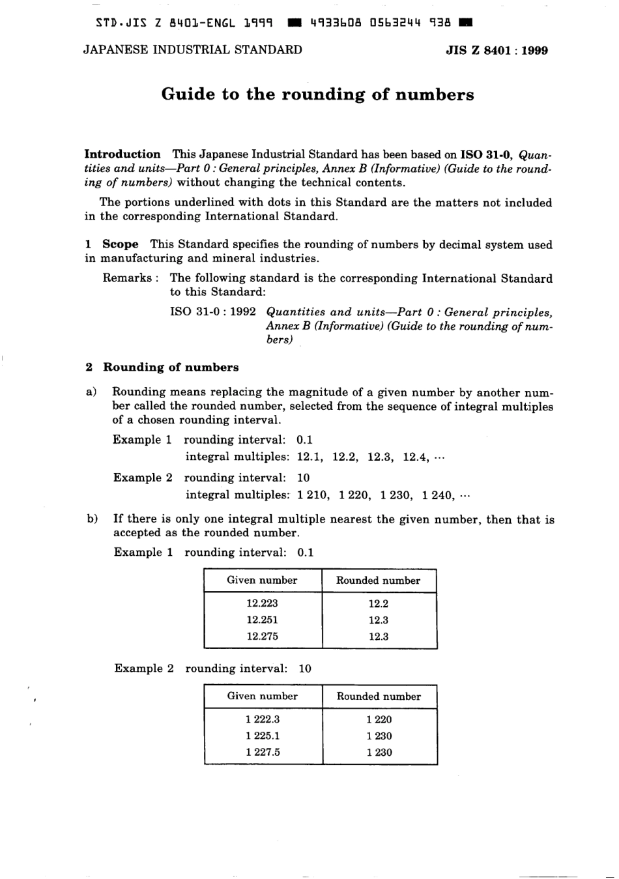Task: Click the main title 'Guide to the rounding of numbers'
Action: [x=317, y=95]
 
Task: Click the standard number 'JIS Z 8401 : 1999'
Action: [x=497, y=50]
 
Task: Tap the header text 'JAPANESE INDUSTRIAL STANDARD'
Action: [x=193, y=50]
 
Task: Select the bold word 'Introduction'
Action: [x=122, y=154]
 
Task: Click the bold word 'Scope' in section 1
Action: [x=121, y=244]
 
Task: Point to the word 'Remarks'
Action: [x=127, y=278]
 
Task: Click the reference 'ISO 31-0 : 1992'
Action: [x=213, y=311]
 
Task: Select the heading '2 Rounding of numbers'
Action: [x=162, y=367]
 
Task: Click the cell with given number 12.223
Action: [x=262, y=603]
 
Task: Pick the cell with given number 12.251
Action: [x=262, y=620]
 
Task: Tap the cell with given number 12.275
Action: [x=262, y=636]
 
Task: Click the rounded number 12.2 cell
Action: [x=378, y=603]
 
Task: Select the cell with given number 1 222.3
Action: [x=263, y=719]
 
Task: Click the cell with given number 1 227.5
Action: [x=263, y=752]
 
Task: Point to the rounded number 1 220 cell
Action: [x=379, y=719]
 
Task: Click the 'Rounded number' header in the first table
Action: [x=378, y=581]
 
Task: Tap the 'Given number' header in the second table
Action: [x=262, y=697]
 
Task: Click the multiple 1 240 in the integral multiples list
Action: [x=437, y=495]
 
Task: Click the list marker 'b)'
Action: [x=92, y=519]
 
